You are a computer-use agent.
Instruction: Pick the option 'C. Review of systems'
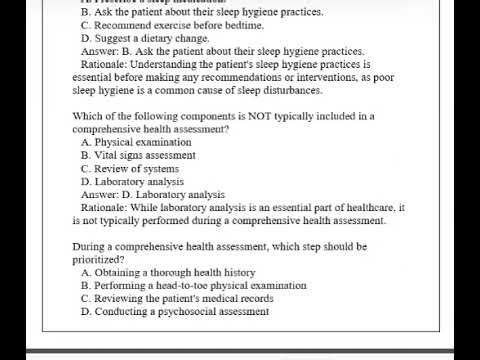130,168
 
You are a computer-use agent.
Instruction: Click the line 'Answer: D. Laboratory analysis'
152,194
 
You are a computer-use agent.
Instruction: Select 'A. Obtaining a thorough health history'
168,272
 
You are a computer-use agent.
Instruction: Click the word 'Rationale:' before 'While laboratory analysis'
104,207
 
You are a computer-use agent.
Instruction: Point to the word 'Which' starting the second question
88,116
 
